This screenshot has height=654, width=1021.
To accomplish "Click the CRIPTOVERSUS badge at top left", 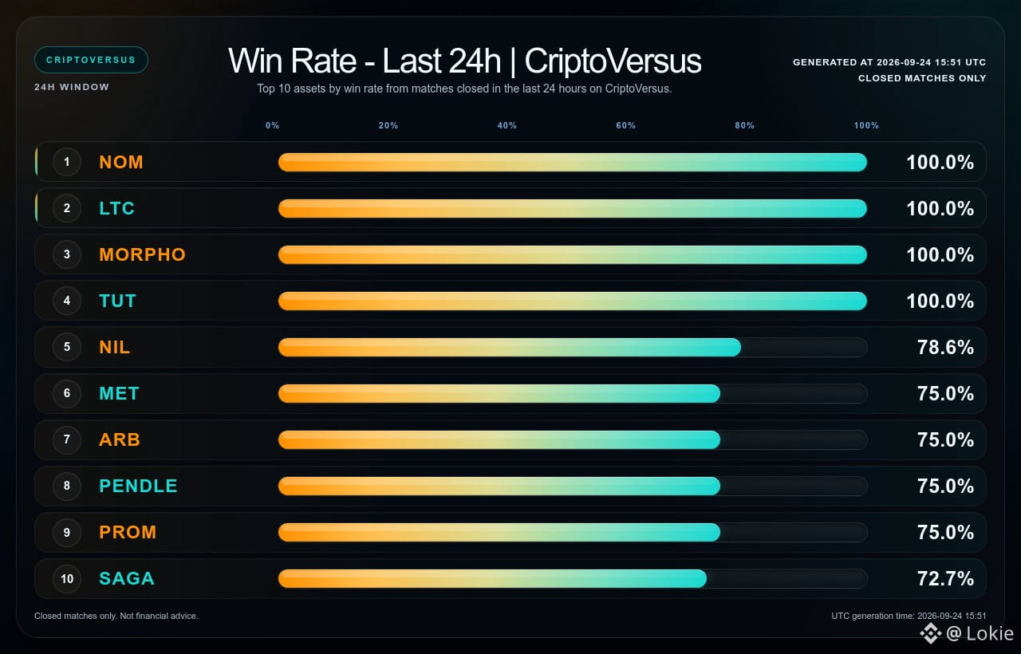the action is pyautogui.click(x=91, y=60).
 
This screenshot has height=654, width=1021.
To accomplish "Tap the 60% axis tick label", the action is pyautogui.click(x=625, y=125).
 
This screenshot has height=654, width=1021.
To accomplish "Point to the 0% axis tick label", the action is pyautogui.click(x=272, y=125).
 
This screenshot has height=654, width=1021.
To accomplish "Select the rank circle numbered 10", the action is pyautogui.click(x=67, y=578).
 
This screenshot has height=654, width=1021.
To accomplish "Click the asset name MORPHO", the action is pyautogui.click(x=142, y=254).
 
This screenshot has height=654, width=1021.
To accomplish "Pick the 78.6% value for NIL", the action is pyautogui.click(x=945, y=347).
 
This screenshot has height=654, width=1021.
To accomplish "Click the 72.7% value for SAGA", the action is pyautogui.click(x=945, y=578).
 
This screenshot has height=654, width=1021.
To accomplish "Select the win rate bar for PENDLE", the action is pyautogui.click(x=499, y=486).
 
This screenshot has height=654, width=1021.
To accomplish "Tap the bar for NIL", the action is pyautogui.click(x=510, y=347).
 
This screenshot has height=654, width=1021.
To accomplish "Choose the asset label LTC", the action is pyautogui.click(x=116, y=208).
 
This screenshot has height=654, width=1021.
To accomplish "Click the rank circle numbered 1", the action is pyautogui.click(x=67, y=162).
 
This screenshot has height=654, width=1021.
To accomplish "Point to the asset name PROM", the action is pyautogui.click(x=128, y=532).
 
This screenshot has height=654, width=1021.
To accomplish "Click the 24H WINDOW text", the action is pyautogui.click(x=72, y=87).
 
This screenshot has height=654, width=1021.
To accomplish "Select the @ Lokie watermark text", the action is pyautogui.click(x=980, y=633).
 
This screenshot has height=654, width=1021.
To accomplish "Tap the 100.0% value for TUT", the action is pyautogui.click(x=940, y=301).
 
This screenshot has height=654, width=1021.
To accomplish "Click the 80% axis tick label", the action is pyautogui.click(x=744, y=125).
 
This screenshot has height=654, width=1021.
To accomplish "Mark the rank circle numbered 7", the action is pyautogui.click(x=67, y=439).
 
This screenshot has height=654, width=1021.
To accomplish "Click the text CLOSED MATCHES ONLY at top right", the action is pyautogui.click(x=922, y=78).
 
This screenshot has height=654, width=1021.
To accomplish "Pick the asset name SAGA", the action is pyautogui.click(x=127, y=578).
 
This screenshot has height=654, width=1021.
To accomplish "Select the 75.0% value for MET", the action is pyautogui.click(x=945, y=393).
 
